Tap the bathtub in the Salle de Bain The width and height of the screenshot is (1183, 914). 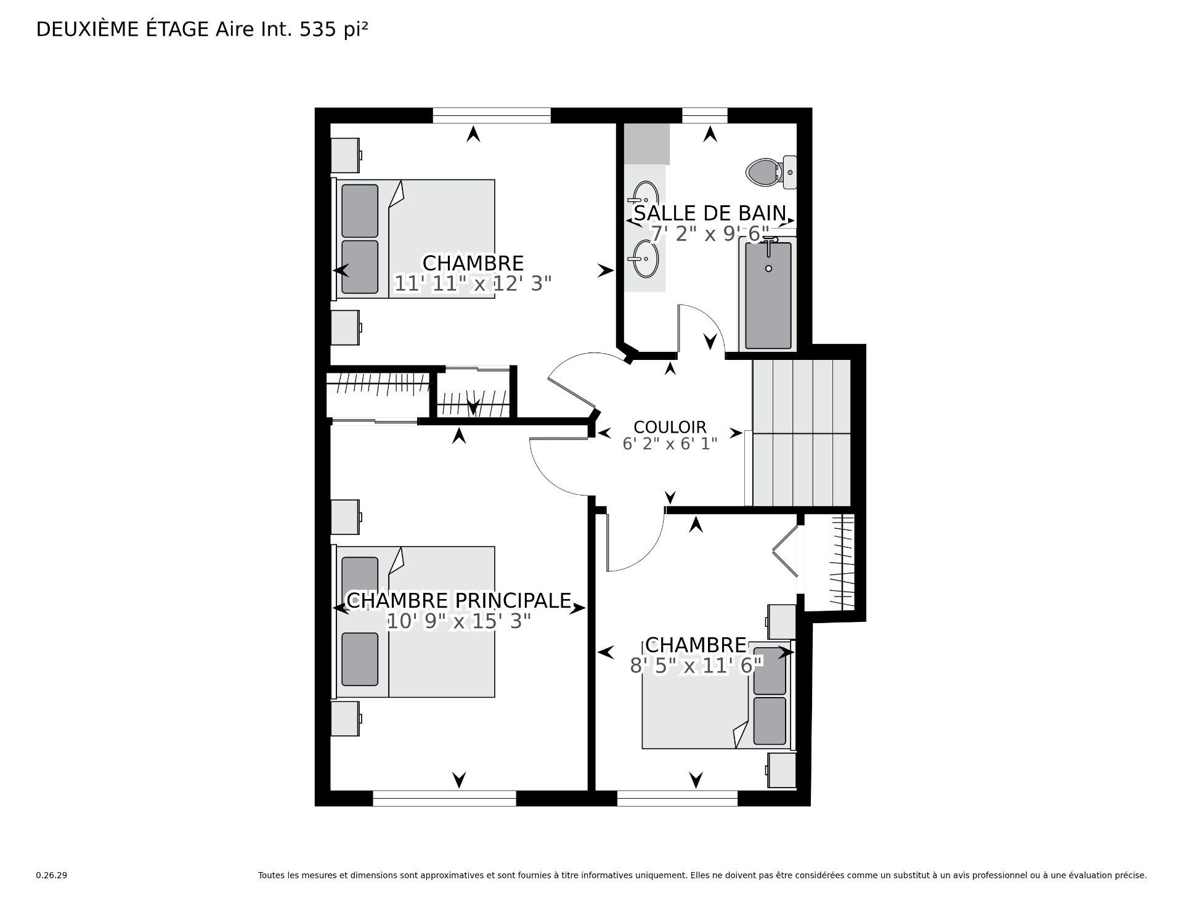[768, 295]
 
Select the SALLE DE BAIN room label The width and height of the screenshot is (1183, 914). [710, 213]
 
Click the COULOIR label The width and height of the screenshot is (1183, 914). [670, 426]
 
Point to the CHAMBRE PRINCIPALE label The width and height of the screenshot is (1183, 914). [459, 600]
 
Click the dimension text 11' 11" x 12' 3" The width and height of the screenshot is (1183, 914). [473, 284]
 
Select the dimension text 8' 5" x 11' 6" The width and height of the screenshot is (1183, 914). [696, 665]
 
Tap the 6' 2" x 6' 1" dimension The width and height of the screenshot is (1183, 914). [670, 444]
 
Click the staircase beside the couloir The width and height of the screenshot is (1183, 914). [801, 433]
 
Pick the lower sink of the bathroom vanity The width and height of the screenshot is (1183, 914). [645, 259]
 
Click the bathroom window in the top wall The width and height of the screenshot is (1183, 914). [705, 115]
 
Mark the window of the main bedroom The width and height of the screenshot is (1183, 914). [444, 798]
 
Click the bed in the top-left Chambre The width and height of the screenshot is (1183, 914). [415, 239]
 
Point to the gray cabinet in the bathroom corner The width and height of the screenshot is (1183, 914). [646, 144]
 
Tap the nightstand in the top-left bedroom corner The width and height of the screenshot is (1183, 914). [346, 155]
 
